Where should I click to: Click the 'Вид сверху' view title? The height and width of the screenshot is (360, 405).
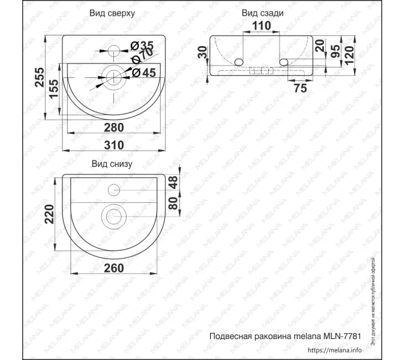(112, 13)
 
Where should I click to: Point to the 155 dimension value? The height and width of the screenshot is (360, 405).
(52, 91)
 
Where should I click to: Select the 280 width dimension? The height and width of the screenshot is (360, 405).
(113, 127)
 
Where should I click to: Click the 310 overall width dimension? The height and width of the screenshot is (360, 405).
(113, 145)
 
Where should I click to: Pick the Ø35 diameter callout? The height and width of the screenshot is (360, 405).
(142, 46)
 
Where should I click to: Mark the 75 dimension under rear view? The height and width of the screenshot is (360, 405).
(300, 88)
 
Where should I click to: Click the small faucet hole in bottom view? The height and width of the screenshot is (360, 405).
(113, 191)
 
